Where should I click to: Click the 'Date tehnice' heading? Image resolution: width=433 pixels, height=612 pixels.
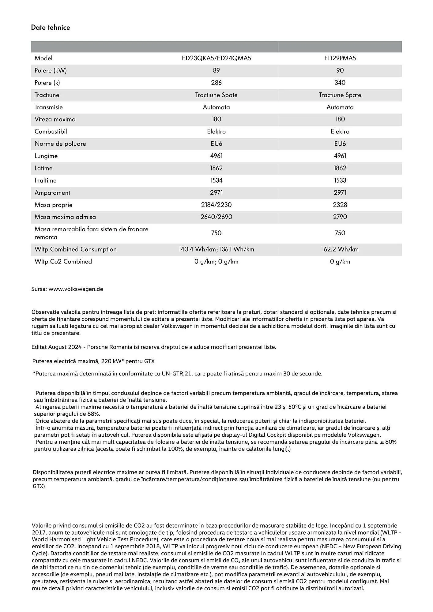point(51,28)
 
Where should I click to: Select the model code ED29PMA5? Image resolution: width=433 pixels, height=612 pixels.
point(340,58)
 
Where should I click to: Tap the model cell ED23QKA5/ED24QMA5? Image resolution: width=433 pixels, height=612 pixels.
point(216,58)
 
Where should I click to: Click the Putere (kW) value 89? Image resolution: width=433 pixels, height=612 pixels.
point(216,70)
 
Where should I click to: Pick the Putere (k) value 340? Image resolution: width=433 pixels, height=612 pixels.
point(340,83)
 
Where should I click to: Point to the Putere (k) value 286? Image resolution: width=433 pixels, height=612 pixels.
point(216,83)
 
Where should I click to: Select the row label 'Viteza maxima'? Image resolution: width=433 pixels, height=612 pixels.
point(55,119)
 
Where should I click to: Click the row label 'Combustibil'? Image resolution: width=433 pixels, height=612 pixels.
point(51,132)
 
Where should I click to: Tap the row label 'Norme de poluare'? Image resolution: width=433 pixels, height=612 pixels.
point(60,144)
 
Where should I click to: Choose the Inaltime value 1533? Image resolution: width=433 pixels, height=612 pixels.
point(340,180)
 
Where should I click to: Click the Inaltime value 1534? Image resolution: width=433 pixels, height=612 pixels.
point(216,180)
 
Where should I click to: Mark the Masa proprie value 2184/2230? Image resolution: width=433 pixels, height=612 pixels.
point(216,205)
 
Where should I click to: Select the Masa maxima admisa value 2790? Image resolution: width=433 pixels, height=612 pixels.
point(340,217)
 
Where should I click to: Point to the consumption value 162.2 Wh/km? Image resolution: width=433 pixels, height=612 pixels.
point(340,249)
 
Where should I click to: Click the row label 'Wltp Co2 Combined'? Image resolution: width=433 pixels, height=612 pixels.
point(63,262)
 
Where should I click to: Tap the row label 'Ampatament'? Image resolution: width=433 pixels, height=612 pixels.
point(52,193)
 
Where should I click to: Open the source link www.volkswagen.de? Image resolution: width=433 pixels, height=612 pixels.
point(76,289)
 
